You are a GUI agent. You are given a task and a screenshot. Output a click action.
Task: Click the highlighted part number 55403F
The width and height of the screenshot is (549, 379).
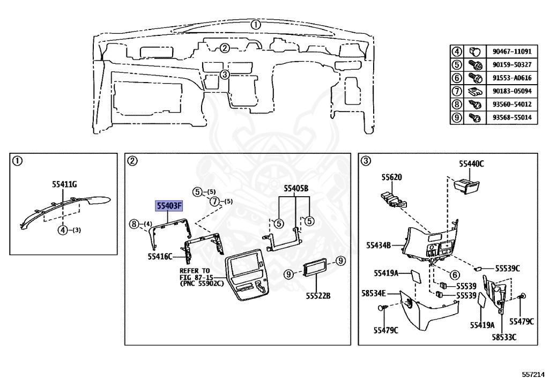tap(169, 205)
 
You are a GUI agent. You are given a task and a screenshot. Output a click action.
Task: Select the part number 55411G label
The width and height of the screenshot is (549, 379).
tap(64, 184)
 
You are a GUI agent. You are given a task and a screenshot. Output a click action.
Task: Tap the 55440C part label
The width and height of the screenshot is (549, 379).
tap(471, 164)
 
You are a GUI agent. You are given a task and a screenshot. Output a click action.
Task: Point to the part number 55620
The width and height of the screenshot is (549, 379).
tap(391, 177)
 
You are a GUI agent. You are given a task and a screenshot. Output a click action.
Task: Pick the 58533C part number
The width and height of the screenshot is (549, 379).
tap(505, 337)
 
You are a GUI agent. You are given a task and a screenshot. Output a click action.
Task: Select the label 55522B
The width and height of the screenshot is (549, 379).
tap(318, 295)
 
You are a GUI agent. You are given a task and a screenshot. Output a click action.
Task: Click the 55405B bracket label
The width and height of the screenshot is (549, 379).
tap(296, 188)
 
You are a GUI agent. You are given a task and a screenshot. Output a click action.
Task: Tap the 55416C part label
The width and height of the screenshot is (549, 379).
tap(160, 257)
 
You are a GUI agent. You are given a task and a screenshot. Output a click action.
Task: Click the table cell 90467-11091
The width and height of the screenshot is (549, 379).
tap(511, 51)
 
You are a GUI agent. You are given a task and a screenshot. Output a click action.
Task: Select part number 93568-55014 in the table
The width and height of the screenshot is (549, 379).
tap(511, 117)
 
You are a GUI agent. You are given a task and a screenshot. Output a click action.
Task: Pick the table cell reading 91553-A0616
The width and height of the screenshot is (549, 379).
tap(511, 78)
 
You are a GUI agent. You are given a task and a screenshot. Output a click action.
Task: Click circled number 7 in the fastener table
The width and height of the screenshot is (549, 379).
tap(456, 91)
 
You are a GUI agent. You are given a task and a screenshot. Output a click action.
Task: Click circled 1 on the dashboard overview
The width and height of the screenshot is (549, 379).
tap(256, 24)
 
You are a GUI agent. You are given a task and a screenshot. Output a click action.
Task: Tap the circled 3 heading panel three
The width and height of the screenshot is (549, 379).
tap(365, 160)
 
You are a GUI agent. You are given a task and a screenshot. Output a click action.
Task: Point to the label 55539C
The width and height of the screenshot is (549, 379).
tap(507, 268)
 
